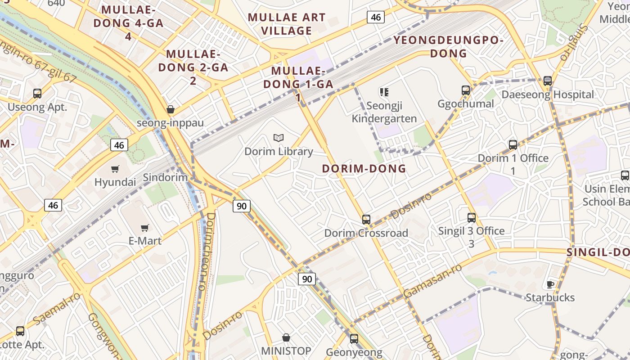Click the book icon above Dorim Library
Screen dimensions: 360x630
click(x=279, y=138)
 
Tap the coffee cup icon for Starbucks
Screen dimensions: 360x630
click(x=550, y=284)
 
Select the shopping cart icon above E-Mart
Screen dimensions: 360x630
click(x=144, y=228)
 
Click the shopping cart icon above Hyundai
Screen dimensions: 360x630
click(x=115, y=169)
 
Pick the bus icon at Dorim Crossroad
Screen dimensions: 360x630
click(x=366, y=220)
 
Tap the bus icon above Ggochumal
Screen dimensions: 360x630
click(x=466, y=90)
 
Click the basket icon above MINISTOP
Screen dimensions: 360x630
click(x=286, y=337)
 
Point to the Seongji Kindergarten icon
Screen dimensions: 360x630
click(x=384, y=92)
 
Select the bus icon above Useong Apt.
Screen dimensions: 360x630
click(x=37, y=94)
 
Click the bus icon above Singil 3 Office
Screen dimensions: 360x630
click(x=471, y=218)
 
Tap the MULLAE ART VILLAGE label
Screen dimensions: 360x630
click(x=287, y=24)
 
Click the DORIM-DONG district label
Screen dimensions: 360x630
click(x=364, y=169)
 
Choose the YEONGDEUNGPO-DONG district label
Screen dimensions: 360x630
click(x=449, y=47)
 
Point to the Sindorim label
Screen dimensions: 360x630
click(x=165, y=177)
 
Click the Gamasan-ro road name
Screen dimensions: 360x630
click(x=432, y=281)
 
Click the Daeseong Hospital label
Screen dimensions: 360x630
click(x=548, y=94)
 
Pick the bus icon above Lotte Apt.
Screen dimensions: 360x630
click(x=20, y=331)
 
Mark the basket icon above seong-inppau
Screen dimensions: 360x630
click(x=171, y=109)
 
